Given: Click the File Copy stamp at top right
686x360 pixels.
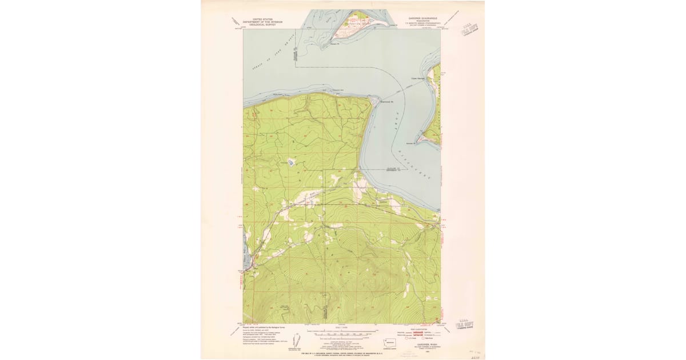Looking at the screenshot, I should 472,29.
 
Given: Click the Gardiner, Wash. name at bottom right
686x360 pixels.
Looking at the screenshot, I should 422,342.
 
